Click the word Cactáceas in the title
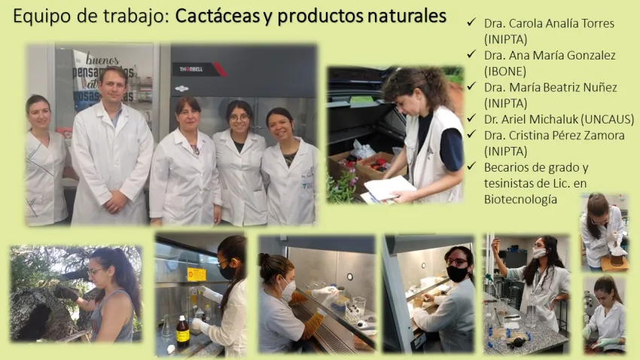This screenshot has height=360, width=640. [218, 16]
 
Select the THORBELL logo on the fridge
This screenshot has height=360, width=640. [191, 69]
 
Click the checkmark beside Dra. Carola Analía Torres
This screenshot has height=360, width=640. [471, 22]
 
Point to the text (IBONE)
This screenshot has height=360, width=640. [505, 72]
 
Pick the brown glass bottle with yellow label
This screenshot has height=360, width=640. [182, 332]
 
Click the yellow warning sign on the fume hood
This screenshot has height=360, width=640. [197, 274]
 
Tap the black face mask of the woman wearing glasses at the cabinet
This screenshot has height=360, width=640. [457, 273]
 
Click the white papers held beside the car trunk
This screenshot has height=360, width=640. [388, 188]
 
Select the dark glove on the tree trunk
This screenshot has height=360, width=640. [66, 292]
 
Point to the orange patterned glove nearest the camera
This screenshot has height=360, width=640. [312, 325]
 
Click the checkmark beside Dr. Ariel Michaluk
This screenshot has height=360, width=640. [471, 118]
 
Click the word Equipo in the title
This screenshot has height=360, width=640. [41, 17]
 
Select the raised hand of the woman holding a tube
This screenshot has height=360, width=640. [495, 245]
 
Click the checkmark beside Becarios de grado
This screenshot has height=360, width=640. [471, 166]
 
